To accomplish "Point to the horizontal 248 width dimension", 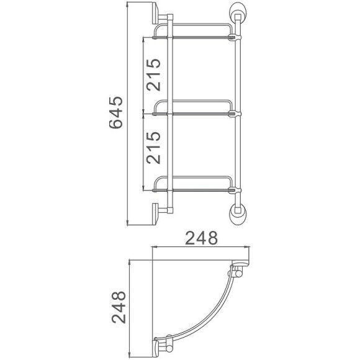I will (202, 238).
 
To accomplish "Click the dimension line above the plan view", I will (202, 246).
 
